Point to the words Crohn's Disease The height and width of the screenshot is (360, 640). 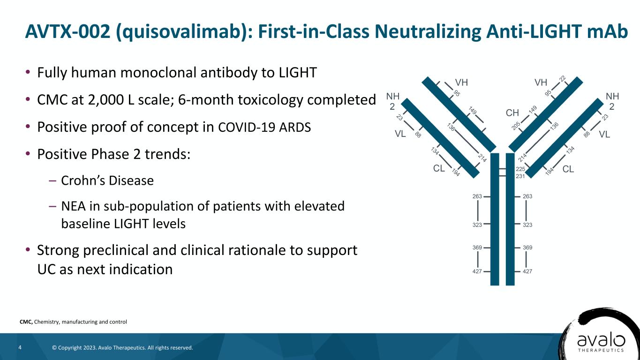[107, 180]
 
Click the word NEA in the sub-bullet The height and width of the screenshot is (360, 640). [73, 206]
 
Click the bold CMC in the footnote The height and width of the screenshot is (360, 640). [26, 322]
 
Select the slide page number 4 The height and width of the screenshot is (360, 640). [20, 347]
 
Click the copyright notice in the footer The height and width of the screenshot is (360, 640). [122, 348]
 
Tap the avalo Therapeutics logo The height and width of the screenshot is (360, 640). [600, 337]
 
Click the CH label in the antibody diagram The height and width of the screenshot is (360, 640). [512, 113]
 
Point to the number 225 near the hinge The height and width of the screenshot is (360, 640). [520, 169]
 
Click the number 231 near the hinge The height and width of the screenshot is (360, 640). [520, 176]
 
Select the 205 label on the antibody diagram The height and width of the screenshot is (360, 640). [516, 126]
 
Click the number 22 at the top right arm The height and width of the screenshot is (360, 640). [563, 79]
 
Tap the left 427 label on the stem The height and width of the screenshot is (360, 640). [477, 271]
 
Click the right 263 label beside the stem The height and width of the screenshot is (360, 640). [527, 196]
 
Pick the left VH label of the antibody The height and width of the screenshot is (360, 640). [461, 82]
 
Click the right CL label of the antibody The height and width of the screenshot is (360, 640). [568, 169]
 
